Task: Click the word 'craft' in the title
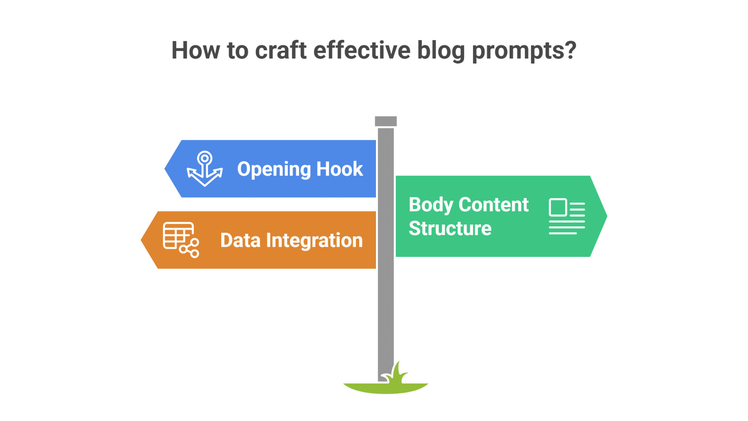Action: pos(280,50)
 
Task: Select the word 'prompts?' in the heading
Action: pos(524,51)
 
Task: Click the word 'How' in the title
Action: pos(196,50)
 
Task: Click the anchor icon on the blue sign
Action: pos(205,169)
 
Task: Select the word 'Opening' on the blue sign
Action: pos(273,170)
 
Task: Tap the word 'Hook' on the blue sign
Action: pos(339,169)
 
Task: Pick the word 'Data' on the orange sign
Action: pos(240,240)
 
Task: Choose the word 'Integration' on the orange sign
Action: pos(314,241)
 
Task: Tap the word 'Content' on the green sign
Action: pos(494,205)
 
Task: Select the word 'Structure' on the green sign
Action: pos(450,228)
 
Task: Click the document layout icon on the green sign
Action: pos(567,216)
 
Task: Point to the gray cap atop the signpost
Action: pos(386,121)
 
